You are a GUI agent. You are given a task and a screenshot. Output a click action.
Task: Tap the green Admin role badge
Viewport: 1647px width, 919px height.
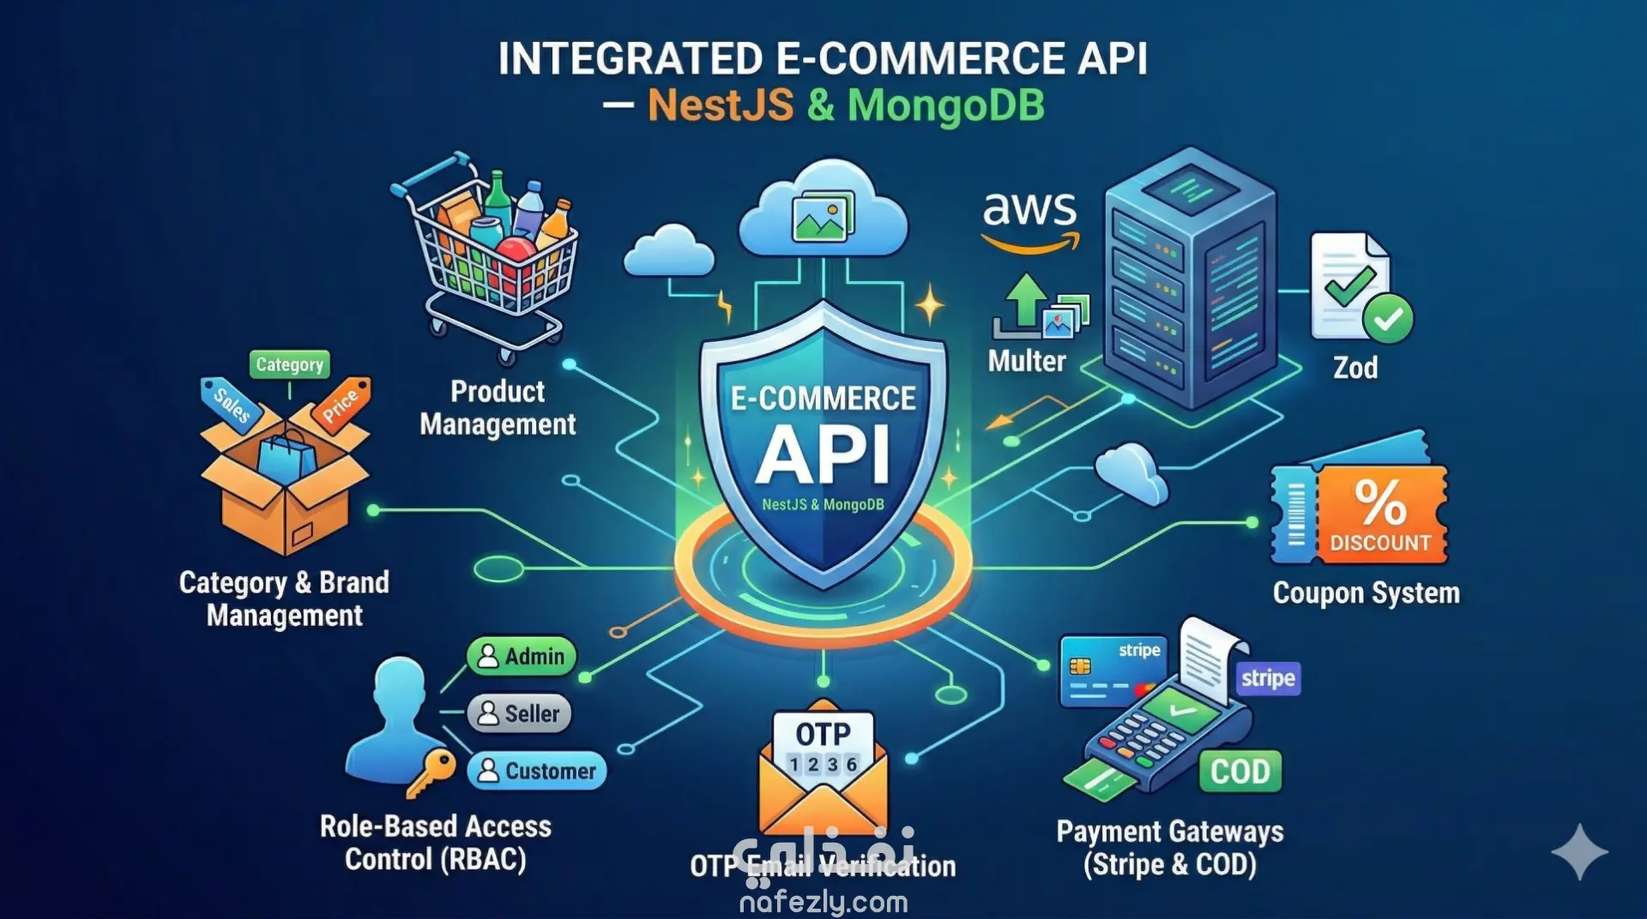522,657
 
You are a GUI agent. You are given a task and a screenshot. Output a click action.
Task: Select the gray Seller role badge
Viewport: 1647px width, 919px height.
519,713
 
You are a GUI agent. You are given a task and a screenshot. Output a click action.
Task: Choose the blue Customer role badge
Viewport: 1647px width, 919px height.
537,771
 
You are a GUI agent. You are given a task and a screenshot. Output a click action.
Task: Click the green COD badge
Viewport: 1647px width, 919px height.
1240,772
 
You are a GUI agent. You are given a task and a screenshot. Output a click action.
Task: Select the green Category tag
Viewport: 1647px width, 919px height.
289,364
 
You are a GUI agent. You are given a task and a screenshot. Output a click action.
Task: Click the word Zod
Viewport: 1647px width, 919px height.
1355,368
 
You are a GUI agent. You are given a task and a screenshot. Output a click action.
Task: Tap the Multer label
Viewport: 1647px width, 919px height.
1027,361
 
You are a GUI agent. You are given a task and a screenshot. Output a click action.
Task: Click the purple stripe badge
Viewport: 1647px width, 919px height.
1268,679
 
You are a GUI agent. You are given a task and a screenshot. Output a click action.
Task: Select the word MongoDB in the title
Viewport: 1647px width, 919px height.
946,105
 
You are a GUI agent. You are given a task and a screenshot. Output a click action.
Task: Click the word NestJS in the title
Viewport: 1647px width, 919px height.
721,105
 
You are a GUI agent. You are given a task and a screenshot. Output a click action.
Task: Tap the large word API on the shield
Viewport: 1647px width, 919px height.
823,454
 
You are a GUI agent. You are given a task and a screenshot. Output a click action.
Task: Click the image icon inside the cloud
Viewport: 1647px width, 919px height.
823,216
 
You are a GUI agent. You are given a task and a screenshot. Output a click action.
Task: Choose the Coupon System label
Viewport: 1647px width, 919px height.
1366,593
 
